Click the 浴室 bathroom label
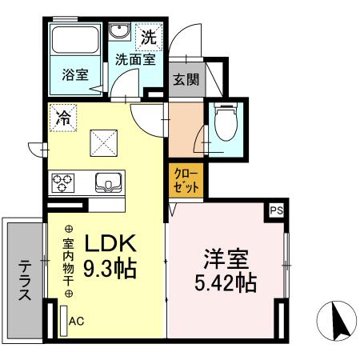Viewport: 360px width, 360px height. [x=75, y=76]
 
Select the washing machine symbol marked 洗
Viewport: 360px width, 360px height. [x=149, y=36]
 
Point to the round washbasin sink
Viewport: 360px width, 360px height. [x=121, y=33]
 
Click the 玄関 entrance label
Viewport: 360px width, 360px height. [x=186, y=80]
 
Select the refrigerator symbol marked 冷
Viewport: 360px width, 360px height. [x=62, y=118]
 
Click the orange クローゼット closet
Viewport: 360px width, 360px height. [x=186, y=178]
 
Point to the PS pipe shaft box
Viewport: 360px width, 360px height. [x=276, y=210]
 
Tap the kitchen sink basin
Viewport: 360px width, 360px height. [x=107, y=183]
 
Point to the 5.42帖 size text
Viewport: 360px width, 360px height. [x=224, y=283]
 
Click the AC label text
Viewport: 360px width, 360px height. [x=77, y=321]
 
